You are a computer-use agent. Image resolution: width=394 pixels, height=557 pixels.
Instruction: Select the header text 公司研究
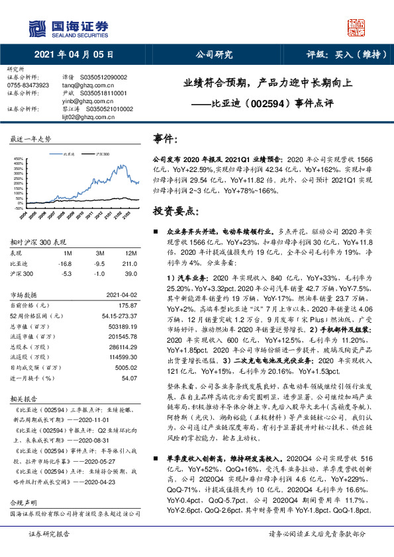click(x=214, y=54)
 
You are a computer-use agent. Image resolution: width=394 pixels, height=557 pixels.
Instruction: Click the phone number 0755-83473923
click(x=27, y=85)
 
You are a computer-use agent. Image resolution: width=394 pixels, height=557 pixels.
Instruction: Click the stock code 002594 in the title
click(x=267, y=103)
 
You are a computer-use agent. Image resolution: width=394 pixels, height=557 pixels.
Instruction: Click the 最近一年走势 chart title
click(x=30, y=140)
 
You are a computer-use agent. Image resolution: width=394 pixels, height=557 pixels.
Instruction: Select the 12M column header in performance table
click(x=130, y=253)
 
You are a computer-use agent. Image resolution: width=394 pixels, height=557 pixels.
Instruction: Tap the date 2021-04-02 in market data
click(x=122, y=295)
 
